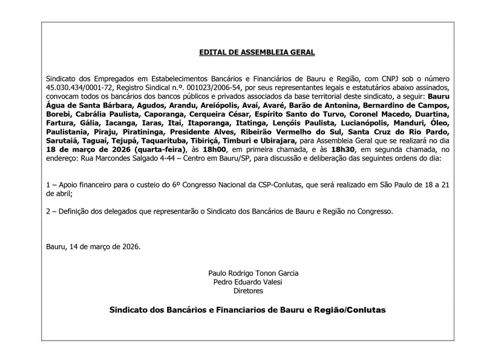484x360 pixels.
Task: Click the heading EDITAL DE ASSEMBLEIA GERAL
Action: (257, 53)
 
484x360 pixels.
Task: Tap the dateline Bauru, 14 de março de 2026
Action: (93, 246)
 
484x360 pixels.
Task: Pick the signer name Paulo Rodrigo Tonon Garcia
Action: (253, 273)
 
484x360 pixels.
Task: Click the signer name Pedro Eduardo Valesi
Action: (248, 281)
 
